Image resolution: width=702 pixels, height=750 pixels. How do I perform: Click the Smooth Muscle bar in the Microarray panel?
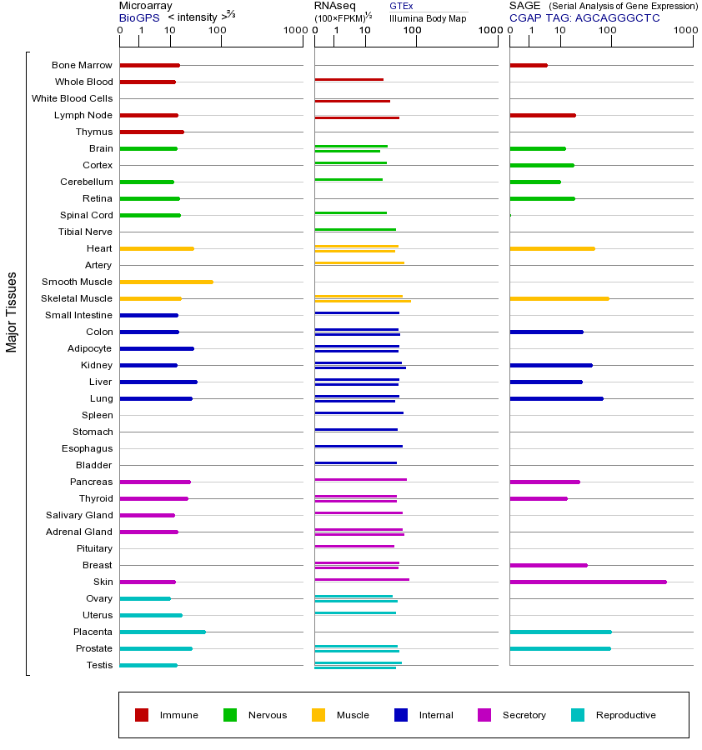tap(166, 282)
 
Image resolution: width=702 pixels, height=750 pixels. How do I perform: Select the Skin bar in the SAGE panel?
tap(588, 582)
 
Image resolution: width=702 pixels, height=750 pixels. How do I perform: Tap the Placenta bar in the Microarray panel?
tap(163, 632)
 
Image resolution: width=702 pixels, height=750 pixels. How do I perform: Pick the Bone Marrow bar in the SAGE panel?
tap(528, 65)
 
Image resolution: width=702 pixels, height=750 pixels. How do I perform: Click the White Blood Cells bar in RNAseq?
tap(352, 101)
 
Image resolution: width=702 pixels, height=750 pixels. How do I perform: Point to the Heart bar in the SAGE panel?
tap(552, 248)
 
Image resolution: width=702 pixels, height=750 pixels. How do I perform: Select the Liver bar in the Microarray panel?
tap(158, 382)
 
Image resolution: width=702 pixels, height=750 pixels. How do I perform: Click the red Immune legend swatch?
tap(142, 715)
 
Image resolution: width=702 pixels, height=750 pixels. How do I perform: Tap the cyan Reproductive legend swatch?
tap(578, 715)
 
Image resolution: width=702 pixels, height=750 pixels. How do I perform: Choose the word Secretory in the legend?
tap(524, 715)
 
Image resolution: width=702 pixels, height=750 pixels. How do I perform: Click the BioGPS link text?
tap(139, 17)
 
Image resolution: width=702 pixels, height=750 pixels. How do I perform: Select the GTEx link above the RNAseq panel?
tap(401, 6)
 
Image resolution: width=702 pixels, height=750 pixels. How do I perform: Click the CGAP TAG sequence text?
tap(584, 17)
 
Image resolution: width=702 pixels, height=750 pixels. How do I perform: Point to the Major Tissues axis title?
tap(12, 312)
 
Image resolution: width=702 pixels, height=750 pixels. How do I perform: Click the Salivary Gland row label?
tap(79, 515)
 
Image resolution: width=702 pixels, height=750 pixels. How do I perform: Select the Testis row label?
tap(99, 665)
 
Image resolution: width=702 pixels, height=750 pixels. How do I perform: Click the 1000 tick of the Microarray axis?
tap(293, 31)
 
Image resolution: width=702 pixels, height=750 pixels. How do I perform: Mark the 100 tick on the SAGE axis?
tap(607, 31)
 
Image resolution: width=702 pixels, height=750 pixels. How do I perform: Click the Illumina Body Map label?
tap(428, 17)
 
